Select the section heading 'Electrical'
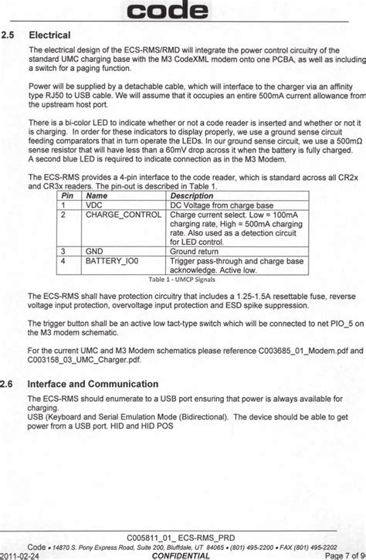[x=49, y=35]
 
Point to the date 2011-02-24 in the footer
[x=22, y=555]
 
